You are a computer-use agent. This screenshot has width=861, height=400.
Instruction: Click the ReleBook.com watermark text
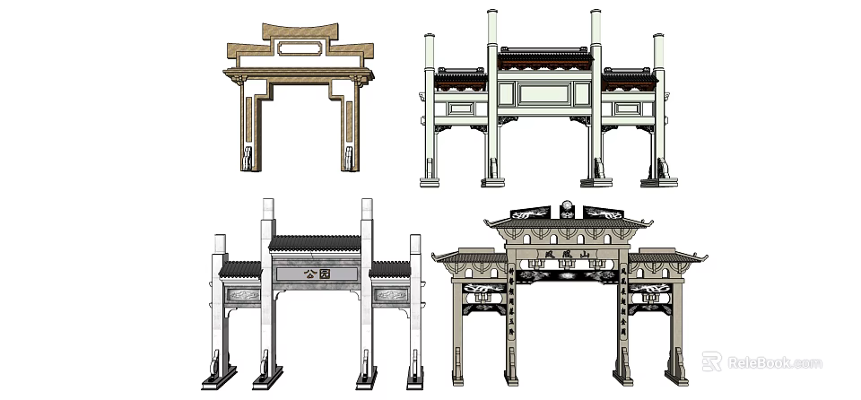click(774, 363)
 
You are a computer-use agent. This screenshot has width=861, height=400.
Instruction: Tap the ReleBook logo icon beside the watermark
click(711, 362)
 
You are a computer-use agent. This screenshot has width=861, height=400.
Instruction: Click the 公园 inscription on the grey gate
click(316, 275)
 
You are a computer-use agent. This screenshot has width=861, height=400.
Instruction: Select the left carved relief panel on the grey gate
click(242, 294)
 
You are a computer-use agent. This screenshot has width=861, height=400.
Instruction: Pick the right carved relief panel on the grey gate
click(389, 294)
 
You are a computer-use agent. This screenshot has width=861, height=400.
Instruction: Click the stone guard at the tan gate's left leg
click(248, 160)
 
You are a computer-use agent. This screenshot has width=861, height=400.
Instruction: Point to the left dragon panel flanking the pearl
click(531, 213)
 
